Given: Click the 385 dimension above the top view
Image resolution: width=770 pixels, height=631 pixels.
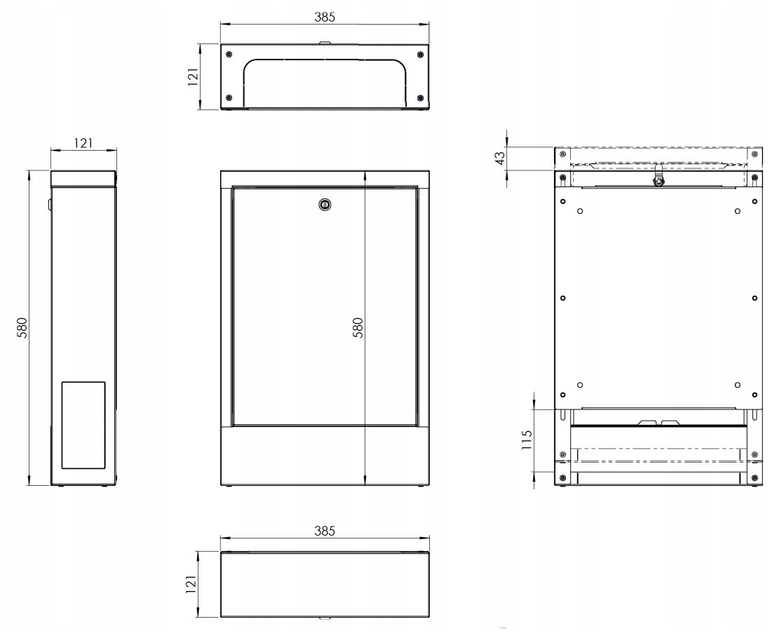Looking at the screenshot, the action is (x=325, y=18).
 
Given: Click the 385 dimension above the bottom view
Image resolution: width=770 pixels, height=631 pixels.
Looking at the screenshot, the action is (x=325, y=531).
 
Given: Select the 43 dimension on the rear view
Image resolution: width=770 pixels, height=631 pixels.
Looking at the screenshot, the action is (x=500, y=158).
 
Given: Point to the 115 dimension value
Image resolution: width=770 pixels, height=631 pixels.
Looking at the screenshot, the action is (x=527, y=440).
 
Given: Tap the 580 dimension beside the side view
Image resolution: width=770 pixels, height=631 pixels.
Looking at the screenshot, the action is (x=22, y=327).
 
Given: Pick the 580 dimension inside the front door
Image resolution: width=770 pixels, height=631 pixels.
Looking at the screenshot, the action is (x=358, y=327).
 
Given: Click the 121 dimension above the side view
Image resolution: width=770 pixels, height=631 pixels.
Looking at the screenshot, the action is (x=83, y=143).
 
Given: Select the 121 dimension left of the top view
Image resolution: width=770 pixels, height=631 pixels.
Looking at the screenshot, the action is (x=192, y=76).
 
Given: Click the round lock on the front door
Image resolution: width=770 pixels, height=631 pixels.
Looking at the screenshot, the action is (x=325, y=205).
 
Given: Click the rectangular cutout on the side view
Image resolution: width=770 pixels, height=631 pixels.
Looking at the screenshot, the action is (x=83, y=425).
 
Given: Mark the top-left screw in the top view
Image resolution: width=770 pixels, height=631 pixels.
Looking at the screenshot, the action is (x=229, y=55).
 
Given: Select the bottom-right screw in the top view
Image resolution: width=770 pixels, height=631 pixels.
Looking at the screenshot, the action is (x=419, y=97).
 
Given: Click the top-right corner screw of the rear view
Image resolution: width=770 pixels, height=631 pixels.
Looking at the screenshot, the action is (x=754, y=154).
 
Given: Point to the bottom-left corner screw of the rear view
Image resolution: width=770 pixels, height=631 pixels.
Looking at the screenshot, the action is (x=562, y=479).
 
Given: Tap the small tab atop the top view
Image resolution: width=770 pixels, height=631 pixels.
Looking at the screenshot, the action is (x=325, y=43).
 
